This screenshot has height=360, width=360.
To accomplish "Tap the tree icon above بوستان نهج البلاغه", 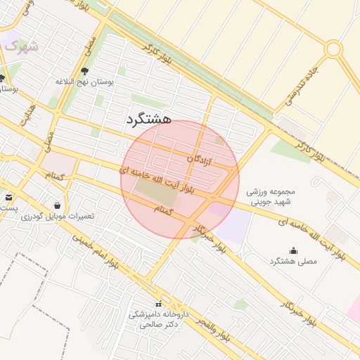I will [x=85, y=71].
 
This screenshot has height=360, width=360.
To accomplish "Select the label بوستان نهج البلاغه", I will [x=85, y=82].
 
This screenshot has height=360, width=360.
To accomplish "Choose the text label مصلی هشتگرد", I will [x=293, y=261].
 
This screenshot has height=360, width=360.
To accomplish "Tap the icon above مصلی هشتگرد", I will [x=293, y=250].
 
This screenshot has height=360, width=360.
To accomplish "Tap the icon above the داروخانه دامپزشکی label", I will [x=158, y=304].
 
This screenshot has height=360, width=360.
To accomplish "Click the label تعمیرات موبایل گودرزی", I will [x=57, y=217].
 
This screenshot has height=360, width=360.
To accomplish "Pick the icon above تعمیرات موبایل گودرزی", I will [x=57, y=206].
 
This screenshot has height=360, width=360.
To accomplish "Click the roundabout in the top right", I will [x=333, y=49].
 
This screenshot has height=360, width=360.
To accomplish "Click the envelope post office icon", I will [x=8, y=198].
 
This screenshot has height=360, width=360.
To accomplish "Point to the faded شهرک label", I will [x=22, y=46].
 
